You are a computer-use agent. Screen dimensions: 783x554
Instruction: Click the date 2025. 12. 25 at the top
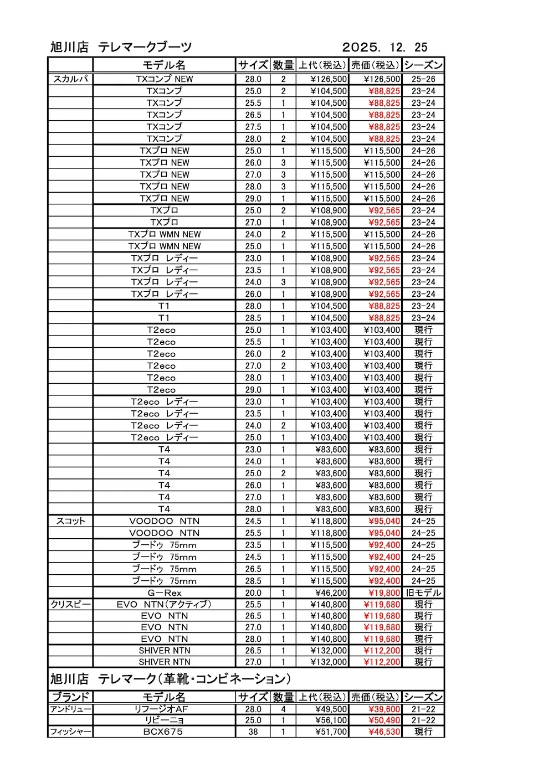(384, 48)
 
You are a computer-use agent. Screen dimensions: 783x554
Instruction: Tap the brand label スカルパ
(70, 79)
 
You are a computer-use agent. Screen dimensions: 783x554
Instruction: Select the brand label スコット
(70, 521)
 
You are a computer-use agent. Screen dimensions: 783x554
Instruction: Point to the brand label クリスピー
(70, 604)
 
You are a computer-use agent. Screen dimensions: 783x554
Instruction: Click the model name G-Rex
(164, 593)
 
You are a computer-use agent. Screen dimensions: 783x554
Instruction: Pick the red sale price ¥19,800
(384, 593)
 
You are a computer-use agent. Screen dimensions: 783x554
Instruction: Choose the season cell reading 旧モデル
(423, 593)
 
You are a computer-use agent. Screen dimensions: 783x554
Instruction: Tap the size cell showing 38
(253, 732)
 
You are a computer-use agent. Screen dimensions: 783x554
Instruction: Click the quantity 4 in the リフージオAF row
(283, 709)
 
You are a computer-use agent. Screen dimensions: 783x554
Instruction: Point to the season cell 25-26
(423, 79)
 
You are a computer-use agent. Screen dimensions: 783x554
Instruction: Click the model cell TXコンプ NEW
(165, 79)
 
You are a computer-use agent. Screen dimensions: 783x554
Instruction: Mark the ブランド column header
(70, 697)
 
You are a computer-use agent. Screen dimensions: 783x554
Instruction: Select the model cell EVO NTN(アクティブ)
(164, 604)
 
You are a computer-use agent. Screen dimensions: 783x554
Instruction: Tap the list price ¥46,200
(331, 593)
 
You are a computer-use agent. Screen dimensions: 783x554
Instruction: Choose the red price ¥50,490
(384, 720)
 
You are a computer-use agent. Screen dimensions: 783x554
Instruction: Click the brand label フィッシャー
(70, 732)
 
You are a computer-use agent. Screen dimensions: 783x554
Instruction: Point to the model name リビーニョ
(164, 720)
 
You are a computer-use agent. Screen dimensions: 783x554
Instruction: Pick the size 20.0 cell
(253, 593)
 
